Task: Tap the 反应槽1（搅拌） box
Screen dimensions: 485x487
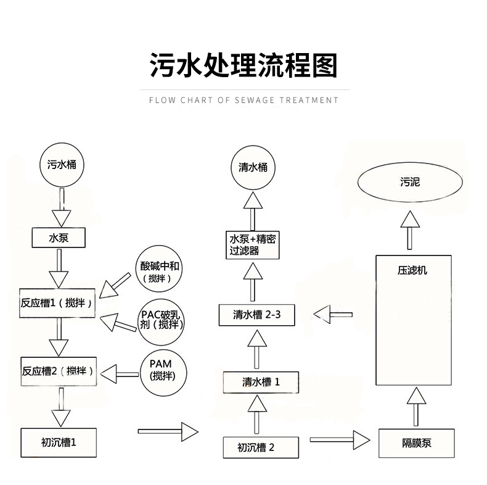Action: tap(58, 303)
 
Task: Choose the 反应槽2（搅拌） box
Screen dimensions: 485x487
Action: tap(58, 370)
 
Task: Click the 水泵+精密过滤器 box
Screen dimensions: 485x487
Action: tap(253, 245)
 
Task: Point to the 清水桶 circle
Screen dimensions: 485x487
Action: tap(253, 167)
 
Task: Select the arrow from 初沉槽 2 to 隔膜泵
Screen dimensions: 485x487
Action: tap(340, 440)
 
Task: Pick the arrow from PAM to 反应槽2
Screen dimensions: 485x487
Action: tap(120, 373)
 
